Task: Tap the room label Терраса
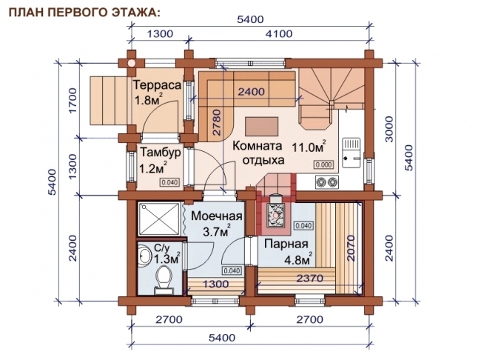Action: pos(157,85)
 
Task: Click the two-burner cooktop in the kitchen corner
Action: pos(323,181)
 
